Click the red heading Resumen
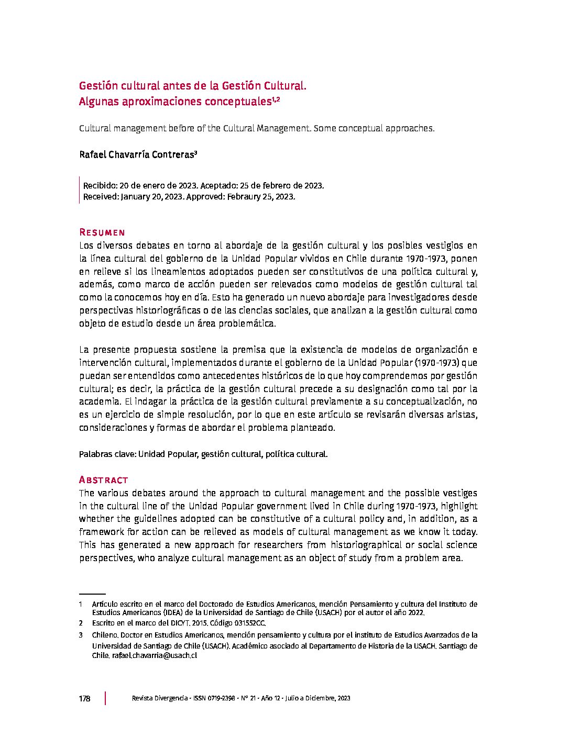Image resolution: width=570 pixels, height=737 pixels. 102,232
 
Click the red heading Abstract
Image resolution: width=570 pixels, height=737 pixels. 103,480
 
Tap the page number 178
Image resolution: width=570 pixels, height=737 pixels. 84,698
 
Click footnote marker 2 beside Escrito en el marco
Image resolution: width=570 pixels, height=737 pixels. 81,623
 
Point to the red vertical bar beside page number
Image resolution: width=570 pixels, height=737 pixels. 105,698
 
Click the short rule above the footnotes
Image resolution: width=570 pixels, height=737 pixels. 92,594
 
